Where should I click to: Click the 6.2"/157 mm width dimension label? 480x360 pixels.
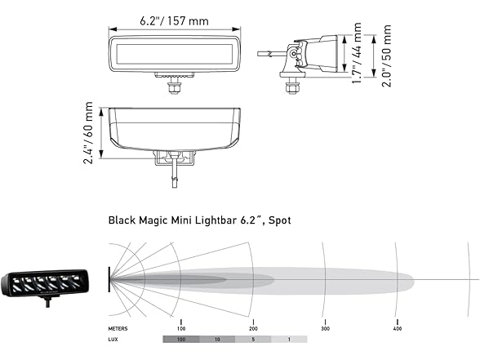click(174, 20)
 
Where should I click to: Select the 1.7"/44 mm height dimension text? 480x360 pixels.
click(357, 49)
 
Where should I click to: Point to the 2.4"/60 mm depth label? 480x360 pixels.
click(89, 132)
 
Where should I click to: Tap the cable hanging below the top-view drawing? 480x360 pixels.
click(174, 176)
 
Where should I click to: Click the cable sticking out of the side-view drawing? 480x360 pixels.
click(268, 55)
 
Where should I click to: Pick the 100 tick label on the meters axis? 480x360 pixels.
click(181, 328)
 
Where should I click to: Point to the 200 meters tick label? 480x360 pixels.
click(253, 328)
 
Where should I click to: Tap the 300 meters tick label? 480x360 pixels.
click(325, 328)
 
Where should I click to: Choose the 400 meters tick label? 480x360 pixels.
click(397, 328)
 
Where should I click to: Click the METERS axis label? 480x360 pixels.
click(119, 328)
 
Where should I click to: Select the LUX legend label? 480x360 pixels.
click(114, 338)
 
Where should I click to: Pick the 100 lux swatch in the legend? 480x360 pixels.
click(181, 338)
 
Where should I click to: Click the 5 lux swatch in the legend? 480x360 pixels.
click(254, 338)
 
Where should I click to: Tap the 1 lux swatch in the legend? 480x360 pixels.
click(290, 338)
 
